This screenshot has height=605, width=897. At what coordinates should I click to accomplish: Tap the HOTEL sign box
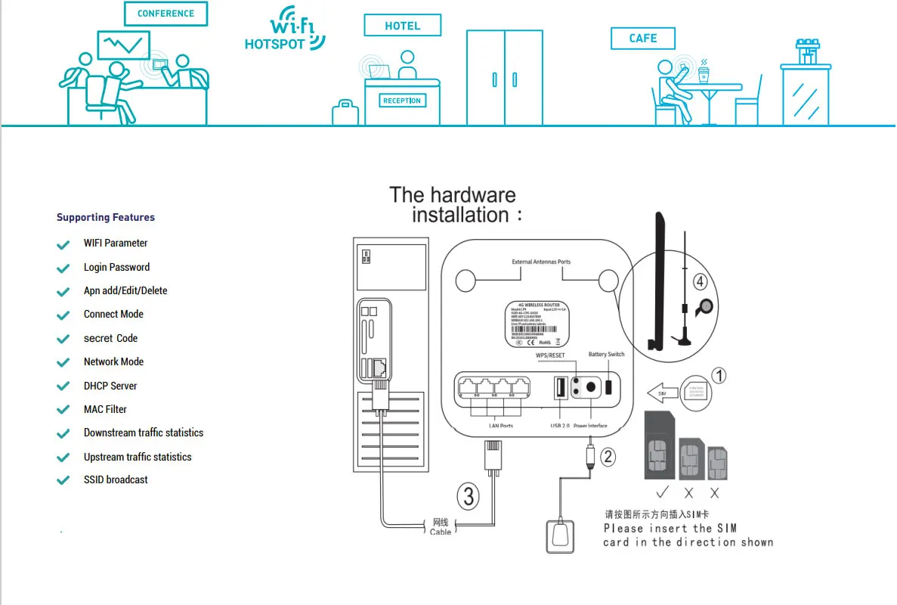(402, 26)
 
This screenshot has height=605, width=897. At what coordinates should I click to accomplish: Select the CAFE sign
(642, 38)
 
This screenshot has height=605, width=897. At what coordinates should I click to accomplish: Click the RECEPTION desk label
(401, 101)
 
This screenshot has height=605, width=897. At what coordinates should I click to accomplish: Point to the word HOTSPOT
(274, 45)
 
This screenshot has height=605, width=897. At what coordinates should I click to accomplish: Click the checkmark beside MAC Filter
(63, 410)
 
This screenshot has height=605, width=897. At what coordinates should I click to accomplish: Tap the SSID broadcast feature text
(116, 479)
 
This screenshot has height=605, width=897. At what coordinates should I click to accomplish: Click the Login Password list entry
(116, 267)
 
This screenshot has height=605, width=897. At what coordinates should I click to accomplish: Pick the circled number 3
(469, 496)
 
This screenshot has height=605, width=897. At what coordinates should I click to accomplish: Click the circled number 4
(701, 282)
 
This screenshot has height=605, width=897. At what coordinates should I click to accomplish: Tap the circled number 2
(608, 456)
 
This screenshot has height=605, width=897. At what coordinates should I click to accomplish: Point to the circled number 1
(719, 375)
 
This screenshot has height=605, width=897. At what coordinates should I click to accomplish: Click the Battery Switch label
(606, 355)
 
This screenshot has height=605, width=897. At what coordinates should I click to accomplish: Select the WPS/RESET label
(550, 355)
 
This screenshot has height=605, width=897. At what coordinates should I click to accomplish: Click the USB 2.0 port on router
(561, 388)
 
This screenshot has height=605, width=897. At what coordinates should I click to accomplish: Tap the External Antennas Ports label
(541, 262)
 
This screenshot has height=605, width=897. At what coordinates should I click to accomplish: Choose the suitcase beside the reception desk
(345, 113)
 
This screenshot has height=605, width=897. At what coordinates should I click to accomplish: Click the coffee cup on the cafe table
(704, 73)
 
